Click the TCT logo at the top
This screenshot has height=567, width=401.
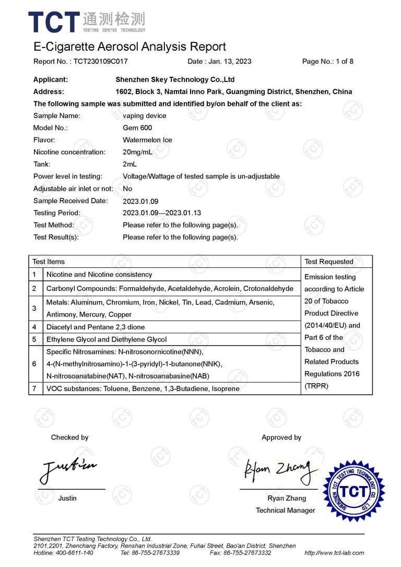click(x=87, y=22)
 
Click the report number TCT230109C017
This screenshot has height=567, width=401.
click(x=100, y=61)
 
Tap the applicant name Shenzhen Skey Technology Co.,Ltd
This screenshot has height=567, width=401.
click(x=174, y=80)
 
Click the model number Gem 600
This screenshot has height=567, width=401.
click(x=137, y=128)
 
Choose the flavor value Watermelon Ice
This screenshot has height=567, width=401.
click(x=147, y=140)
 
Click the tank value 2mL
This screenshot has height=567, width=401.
click(x=130, y=164)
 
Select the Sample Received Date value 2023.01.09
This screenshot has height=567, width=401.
click(x=140, y=201)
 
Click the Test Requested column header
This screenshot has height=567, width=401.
click(x=329, y=262)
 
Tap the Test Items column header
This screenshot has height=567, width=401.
click(x=49, y=262)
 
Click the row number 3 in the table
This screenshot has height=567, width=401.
click(x=34, y=309)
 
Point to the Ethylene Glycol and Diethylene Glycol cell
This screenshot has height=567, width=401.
click(x=107, y=339)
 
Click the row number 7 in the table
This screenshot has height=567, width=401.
click(x=34, y=389)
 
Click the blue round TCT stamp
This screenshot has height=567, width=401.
click(x=355, y=490)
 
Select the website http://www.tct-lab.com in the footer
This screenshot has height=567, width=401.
click(x=334, y=553)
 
